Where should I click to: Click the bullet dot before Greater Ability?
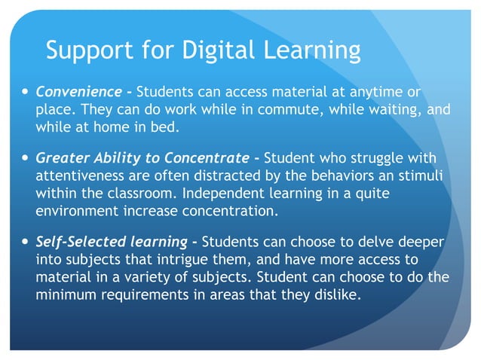25,159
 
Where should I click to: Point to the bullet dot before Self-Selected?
25,243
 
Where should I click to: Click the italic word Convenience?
78,93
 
